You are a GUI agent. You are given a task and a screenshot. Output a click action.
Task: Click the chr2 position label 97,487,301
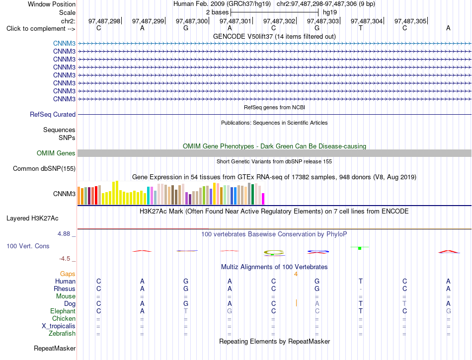pos(236,21)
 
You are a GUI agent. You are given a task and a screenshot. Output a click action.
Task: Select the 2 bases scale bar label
pos(217,12)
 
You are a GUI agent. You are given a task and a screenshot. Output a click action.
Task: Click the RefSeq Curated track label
pos(53,114)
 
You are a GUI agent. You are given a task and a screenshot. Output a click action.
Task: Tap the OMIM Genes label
pos(56,153)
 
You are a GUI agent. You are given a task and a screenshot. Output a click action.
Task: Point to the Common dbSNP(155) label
pos(44,168)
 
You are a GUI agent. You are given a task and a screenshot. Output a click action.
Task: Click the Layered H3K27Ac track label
pos(32,218)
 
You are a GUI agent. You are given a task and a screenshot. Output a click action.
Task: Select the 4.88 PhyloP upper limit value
pos(64,234)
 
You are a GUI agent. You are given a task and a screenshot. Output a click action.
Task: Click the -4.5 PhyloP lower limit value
pos(65,259)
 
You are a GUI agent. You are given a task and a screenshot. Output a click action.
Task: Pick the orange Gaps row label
pos(68,274)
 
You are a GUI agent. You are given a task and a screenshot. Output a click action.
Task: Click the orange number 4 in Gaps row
pos(296,274)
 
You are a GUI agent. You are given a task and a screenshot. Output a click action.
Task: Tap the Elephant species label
pos(63,311)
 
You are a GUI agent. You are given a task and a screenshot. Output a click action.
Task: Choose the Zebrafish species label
pos(62,333)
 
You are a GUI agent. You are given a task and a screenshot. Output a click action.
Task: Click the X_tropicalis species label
pos(59,326)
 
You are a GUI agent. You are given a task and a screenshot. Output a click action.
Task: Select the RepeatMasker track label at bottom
pos(55,348)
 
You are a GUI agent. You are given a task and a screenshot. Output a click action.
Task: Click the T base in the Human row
pos(361,281)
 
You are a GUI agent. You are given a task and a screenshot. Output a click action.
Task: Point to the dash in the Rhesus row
pos(361,289)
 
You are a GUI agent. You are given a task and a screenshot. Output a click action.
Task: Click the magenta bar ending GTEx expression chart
pos(263,199)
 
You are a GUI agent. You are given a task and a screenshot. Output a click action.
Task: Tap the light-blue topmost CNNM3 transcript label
pos(64,43)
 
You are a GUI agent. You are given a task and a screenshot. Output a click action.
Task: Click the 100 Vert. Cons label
pos(28,246)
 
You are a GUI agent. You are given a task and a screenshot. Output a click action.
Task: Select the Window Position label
pos(52,4)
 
